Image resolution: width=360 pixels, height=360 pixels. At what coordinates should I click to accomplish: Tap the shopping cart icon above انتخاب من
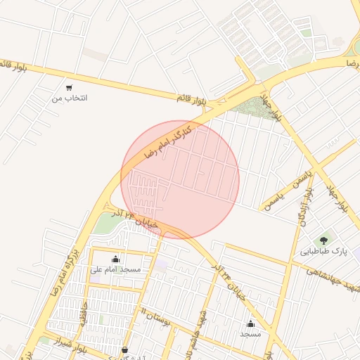pos(69,88)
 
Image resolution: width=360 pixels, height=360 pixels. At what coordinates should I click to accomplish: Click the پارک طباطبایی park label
pos(324,251)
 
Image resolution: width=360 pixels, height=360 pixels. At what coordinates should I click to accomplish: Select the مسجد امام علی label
pos(116,269)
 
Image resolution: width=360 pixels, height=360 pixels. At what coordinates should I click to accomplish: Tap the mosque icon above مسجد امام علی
pos(116,259)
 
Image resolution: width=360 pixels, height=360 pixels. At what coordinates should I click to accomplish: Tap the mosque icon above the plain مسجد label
pos(251,323)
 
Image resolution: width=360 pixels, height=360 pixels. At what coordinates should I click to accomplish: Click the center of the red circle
pos(180,179)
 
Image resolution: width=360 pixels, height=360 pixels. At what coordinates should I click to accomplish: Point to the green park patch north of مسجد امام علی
pos(107,224)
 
